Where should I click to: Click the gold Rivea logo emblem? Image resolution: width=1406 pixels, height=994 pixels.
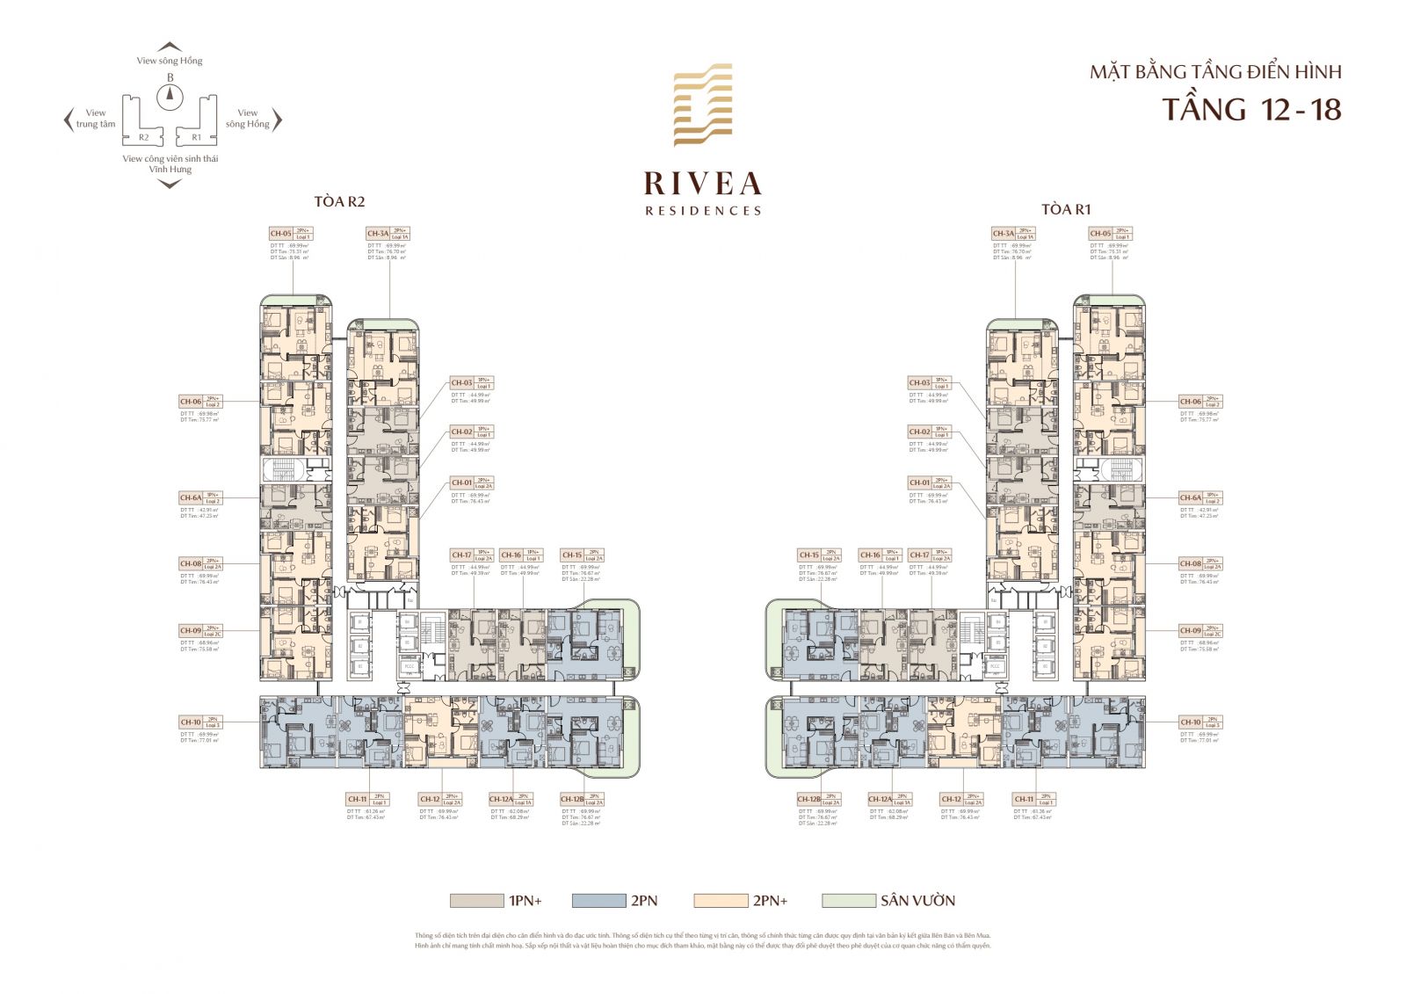click(x=702, y=105)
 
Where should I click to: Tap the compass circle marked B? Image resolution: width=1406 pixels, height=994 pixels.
click(x=170, y=96)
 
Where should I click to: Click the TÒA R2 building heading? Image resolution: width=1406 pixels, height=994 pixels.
click(x=339, y=202)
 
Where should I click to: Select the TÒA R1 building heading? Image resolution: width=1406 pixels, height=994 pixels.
click(x=1066, y=209)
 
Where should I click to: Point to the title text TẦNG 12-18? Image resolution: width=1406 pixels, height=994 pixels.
click(x=1251, y=110)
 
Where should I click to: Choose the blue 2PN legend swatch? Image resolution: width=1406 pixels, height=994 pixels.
click(x=597, y=901)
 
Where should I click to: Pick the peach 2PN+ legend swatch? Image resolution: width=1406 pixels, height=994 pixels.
click(x=719, y=901)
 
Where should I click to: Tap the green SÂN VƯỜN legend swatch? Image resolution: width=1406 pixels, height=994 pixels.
click(x=848, y=901)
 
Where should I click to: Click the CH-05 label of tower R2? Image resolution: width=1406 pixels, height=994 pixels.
click(x=281, y=234)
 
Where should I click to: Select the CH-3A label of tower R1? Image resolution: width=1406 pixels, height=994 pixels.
click(x=1003, y=234)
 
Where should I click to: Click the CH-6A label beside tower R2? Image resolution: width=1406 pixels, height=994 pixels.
click(x=191, y=498)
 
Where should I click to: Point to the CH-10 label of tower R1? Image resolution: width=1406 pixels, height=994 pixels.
click(x=1190, y=722)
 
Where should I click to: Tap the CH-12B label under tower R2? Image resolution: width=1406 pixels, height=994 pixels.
click(x=572, y=800)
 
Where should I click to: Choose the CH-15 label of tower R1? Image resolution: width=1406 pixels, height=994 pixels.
click(x=808, y=555)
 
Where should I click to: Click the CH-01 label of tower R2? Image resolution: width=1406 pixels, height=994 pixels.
click(x=461, y=483)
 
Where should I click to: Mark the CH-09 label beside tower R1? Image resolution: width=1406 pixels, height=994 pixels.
click(x=1190, y=631)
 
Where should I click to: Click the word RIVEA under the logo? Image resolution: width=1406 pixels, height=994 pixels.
click(x=702, y=184)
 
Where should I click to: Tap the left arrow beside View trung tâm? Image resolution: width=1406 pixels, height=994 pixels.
click(x=69, y=120)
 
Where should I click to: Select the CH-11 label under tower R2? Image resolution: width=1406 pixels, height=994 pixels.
click(x=357, y=800)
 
